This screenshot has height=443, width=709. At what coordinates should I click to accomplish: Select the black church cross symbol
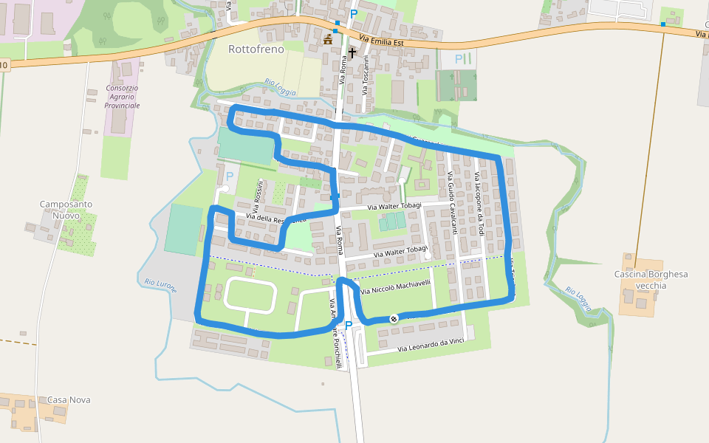[352, 53]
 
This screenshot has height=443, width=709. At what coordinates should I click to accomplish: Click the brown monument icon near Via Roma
[328, 39]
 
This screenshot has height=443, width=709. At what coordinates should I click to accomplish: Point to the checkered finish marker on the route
[394, 318]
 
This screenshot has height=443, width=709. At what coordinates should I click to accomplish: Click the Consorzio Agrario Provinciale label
[122, 97]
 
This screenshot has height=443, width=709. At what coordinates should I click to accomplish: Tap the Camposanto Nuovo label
[66, 209]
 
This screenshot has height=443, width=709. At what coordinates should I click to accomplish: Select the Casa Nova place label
[69, 399]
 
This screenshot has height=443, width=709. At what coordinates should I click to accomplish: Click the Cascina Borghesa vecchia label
[651, 280]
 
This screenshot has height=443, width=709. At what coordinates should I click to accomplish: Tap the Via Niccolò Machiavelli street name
[397, 286]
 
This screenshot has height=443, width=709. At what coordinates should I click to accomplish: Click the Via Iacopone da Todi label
[479, 204]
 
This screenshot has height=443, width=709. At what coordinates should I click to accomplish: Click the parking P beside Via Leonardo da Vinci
[349, 325]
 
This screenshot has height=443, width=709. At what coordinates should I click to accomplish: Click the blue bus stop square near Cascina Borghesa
[663, 24]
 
